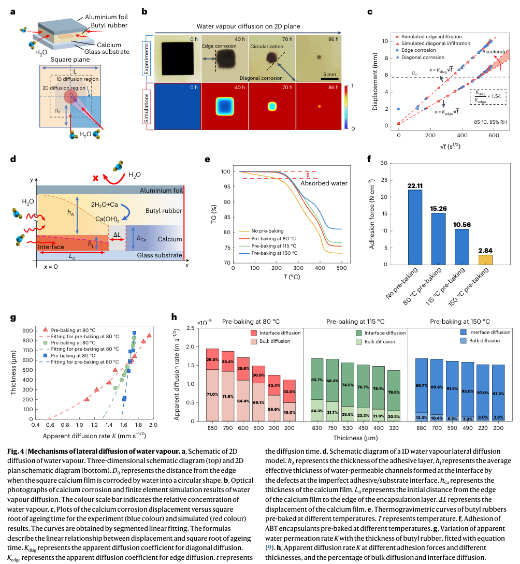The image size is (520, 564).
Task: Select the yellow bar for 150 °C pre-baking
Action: point(485,258)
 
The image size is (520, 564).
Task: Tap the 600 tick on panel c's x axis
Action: point(494,135)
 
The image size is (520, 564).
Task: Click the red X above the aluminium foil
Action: point(95,178)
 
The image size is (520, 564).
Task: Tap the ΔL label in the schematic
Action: point(118,234)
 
